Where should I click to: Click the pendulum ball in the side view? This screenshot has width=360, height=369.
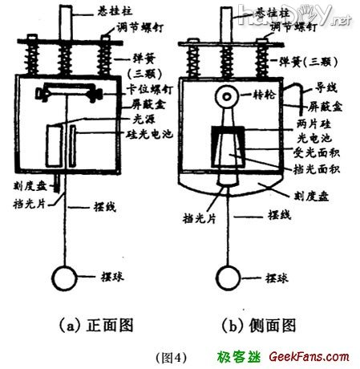(x=228, y=279)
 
